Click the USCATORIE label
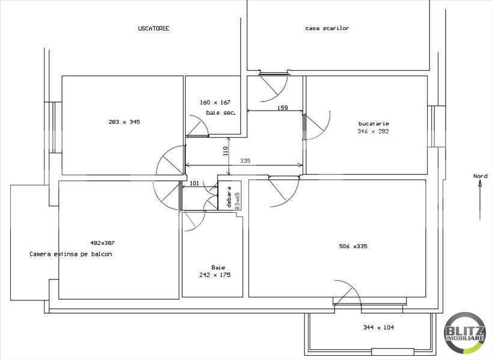pos(153,28)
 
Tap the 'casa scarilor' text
pos(327,28)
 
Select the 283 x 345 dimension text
pos(124,121)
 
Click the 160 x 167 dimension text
pos(215,102)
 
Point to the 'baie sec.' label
pos(220,112)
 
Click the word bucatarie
pos(374,123)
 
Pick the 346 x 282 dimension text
pos(373,131)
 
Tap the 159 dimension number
pos(283,108)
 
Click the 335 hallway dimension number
pos(244,160)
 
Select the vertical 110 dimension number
pos(226,152)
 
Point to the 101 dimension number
pos(194,183)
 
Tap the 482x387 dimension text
pos(102,243)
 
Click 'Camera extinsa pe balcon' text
pos(70,254)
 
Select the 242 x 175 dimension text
pos(215,275)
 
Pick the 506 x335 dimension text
pos(352,245)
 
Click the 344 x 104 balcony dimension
pos(378,328)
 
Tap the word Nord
pos(479,176)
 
